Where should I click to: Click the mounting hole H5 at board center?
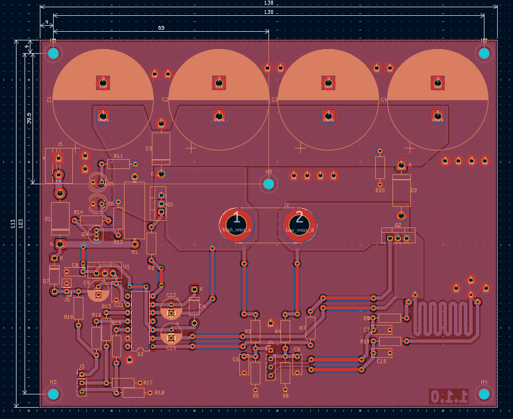268,184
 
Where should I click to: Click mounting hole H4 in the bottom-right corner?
484,394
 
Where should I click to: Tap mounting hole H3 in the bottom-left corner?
54,394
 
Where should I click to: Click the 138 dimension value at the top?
268,3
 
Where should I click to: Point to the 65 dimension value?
161,28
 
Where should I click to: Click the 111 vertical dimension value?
13,224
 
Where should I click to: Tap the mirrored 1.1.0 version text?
449,396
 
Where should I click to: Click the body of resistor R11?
119,164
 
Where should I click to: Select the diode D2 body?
402,190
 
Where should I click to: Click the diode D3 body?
161,148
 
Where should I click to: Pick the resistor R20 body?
380,168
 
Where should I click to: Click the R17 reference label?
148,383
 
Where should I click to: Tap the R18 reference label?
160,393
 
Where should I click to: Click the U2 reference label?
140,354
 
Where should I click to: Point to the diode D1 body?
60,218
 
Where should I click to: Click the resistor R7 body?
310,328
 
